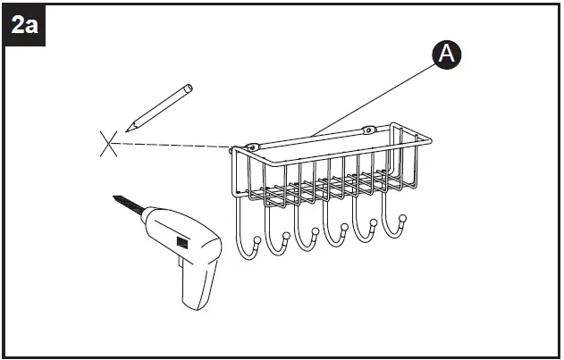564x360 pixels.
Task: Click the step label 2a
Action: [24, 24]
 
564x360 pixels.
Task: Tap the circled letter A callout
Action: [447, 54]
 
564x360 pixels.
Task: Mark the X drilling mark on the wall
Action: [109, 143]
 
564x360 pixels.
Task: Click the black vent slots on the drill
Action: [183, 241]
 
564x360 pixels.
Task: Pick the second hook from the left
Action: [276, 239]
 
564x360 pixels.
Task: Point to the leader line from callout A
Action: [375, 99]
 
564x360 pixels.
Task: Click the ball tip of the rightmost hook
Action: [403, 218]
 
